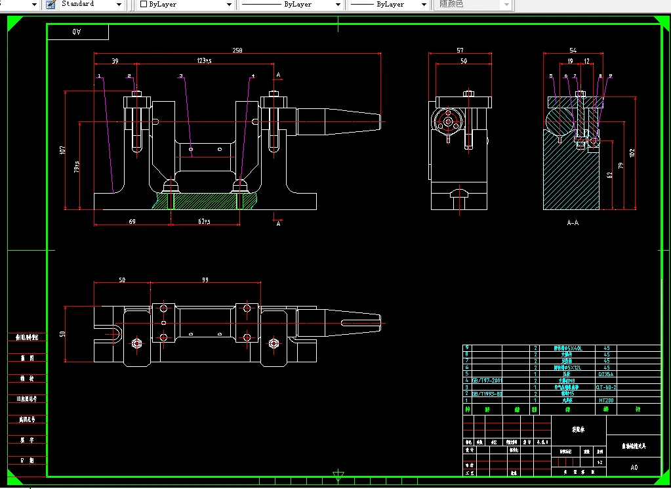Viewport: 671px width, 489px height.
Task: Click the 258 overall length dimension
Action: (237, 51)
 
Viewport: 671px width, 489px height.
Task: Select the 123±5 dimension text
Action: (205, 61)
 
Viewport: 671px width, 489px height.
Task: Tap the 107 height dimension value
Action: (63, 150)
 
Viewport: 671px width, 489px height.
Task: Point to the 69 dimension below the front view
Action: (132, 222)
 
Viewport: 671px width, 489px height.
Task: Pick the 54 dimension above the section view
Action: (573, 51)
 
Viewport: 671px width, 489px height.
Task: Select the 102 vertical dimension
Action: (632, 152)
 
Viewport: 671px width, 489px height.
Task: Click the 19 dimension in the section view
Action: (570, 61)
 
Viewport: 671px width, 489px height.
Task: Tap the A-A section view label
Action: (573, 223)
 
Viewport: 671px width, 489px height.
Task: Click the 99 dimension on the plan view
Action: (205, 280)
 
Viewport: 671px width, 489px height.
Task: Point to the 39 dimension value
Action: (115, 61)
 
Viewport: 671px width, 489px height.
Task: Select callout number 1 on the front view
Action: (99, 76)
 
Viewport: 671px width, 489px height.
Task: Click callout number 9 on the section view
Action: (610, 76)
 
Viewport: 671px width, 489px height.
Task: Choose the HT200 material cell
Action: (606, 400)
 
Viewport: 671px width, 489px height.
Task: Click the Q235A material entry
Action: (606, 374)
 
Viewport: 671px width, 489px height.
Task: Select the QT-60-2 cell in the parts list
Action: (606, 387)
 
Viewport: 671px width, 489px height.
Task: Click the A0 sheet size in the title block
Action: (634, 468)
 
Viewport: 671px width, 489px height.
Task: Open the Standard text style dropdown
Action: (92, 5)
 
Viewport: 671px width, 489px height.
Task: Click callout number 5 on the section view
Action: (550, 76)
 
